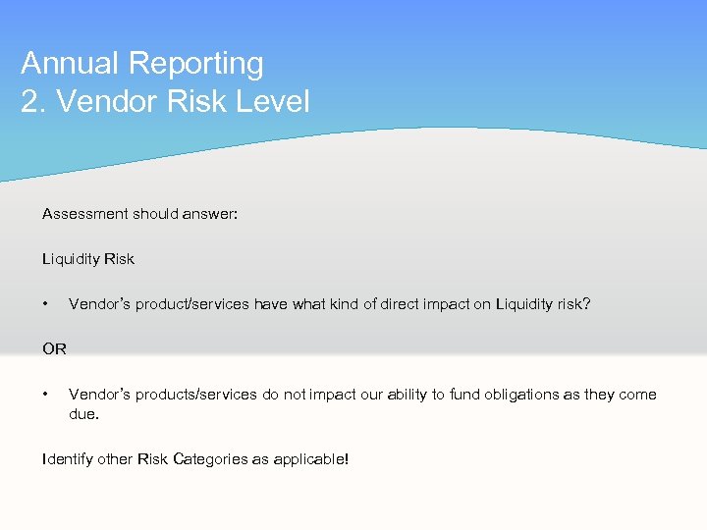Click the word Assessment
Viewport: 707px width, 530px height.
[x=84, y=214]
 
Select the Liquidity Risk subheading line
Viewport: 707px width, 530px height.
[x=88, y=259]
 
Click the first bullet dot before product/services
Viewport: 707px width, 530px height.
[x=46, y=304]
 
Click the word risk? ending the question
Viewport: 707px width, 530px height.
[x=572, y=304]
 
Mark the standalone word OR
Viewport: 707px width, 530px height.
[x=54, y=349]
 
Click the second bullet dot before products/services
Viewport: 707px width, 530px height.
[x=46, y=395]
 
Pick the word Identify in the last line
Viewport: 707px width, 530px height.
[x=68, y=458]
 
